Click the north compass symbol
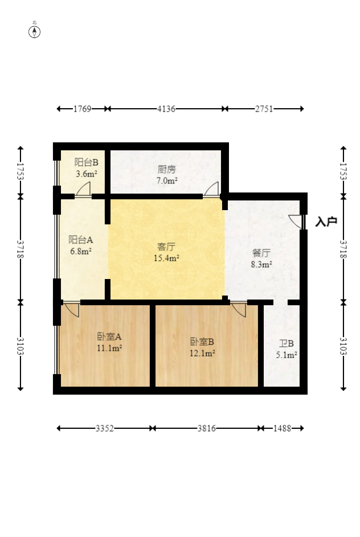(34, 30)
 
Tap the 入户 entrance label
(326, 222)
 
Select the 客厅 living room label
(166, 247)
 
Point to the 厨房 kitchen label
(167, 169)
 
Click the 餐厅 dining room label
(261, 253)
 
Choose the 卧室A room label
(109, 337)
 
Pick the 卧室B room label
(202, 342)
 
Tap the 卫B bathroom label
(287, 343)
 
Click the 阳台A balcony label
(81, 239)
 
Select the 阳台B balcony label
(87, 162)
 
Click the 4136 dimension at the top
(166, 109)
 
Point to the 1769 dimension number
(83, 109)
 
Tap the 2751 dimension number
(264, 109)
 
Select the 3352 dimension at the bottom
(104, 428)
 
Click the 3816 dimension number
(207, 428)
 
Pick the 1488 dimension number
(282, 428)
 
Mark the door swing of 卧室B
(239, 309)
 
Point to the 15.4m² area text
(166, 258)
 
